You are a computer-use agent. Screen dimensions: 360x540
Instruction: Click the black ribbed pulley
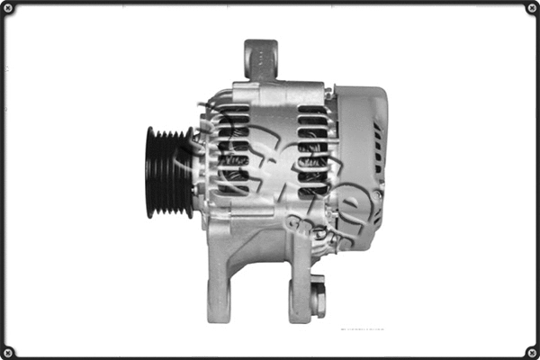pos(167,172)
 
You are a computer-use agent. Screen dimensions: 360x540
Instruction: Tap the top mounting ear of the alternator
pos(260,58)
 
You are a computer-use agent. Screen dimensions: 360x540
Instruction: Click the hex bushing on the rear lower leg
pos(317,297)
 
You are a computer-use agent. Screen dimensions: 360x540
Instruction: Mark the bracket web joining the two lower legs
pos(261,247)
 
